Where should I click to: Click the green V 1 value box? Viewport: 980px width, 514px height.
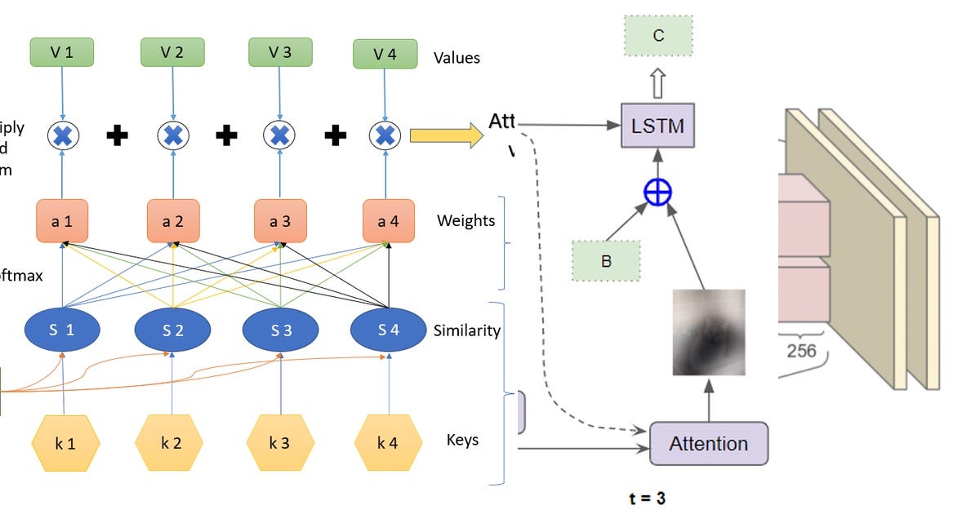[x=62, y=52]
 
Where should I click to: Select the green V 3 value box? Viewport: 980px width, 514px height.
[x=280, y=52]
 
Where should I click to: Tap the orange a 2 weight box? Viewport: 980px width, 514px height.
[x=172, y=220]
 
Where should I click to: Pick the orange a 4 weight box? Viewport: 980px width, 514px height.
[x=387, y=220]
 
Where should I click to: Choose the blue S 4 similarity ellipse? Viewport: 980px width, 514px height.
[x=387, y=330]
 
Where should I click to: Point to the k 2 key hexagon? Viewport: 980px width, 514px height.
[x=172, y=444]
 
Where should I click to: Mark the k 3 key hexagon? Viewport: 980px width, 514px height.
[x=280, y=444]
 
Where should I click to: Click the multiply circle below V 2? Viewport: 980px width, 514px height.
[x=172, y=135]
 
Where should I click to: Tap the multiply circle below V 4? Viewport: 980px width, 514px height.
[x=386, y=135]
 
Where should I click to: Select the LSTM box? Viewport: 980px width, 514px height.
[x=657, y=126]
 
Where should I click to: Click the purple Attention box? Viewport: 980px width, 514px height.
[x=708, y=444]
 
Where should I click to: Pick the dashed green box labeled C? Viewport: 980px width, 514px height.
[x=658, y=36]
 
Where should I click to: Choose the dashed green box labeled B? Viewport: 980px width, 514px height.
[x=606, y=261]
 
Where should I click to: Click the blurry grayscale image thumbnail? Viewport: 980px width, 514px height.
[x=708, y=332]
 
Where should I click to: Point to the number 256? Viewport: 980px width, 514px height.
[x=801, y=351]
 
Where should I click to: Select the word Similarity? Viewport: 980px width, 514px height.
[x=467, y=330]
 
